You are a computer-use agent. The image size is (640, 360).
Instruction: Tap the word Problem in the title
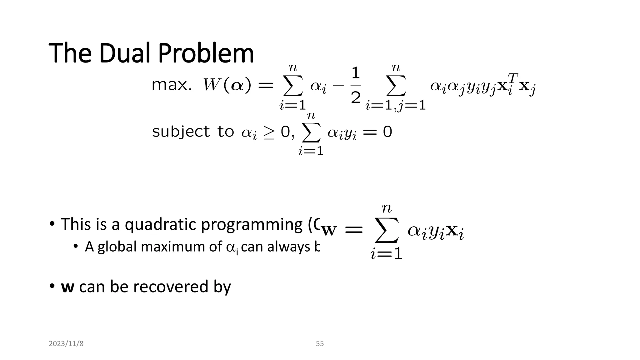[x=206, y=53]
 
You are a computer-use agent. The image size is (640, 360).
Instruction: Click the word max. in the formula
[x=172, y=85]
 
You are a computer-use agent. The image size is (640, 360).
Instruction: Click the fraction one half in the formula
[x=356, y=85]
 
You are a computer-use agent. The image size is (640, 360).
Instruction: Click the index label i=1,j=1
[x=396, y=106]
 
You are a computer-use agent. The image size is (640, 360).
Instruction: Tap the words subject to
[x=193, y=132]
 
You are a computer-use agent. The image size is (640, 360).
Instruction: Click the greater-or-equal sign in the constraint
[x=268, y=133]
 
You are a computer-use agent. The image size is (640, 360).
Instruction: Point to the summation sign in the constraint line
[x=311, y=132]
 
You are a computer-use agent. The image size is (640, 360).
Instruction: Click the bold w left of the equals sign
[x=329, y=231]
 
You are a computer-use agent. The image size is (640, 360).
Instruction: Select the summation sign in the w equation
[x=387, y=231]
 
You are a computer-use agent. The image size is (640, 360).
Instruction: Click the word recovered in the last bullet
[x=171, y=287]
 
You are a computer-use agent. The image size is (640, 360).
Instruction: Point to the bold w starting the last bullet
[x=67, y=287]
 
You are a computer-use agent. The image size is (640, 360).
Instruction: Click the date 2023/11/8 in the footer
[x=66, y=344]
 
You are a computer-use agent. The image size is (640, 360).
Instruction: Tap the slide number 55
[x=320, y=344]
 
